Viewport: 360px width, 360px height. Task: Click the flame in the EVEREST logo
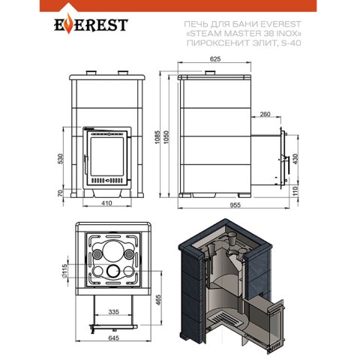[68, 25]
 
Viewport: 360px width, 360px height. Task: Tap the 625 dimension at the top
[215, 59]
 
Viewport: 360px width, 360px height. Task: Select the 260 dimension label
[265, 114]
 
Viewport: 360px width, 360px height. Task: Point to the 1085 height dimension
[157, 137]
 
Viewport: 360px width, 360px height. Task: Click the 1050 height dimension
[166, 137]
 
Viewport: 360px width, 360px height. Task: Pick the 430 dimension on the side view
[295, 159]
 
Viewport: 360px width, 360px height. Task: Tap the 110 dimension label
[295, 191]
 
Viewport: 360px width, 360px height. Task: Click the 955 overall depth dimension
[235, 205]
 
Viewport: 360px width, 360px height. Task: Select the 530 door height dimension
[61, 159]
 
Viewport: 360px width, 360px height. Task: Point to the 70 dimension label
[61, 193]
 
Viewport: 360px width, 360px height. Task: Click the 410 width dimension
[106, 203]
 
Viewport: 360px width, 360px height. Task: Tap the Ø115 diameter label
[64, 271]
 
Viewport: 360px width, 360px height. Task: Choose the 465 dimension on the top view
[158, 300]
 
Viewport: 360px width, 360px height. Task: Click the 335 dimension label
[114, 312]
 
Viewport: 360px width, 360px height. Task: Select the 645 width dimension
[114, 338]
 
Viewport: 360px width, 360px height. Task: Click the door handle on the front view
[85, 165]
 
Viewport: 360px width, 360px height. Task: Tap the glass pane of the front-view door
[107, 157]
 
